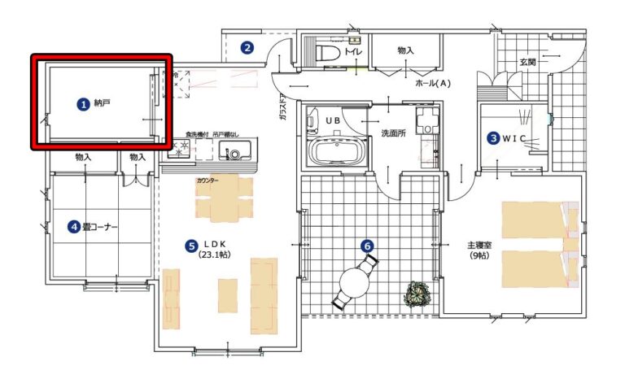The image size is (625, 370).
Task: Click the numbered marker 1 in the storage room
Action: (82, 104)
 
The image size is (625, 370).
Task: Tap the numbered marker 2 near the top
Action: (247, 48)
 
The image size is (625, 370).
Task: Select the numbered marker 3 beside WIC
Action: (493, 138)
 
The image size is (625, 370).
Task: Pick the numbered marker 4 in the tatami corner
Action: (73, 227)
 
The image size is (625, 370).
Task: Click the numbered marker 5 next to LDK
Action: (190, 244)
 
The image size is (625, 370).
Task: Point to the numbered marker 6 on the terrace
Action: (367, 244)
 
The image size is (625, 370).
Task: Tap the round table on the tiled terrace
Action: (355, 283)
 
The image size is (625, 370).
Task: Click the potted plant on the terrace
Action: (420, 292)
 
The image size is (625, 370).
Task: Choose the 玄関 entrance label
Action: (529, 62)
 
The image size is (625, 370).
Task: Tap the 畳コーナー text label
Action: (98, 227)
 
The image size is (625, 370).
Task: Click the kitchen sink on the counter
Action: (234, 153)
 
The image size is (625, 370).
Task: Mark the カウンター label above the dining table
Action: (207, 181)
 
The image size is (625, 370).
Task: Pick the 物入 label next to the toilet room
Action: (405, 50)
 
